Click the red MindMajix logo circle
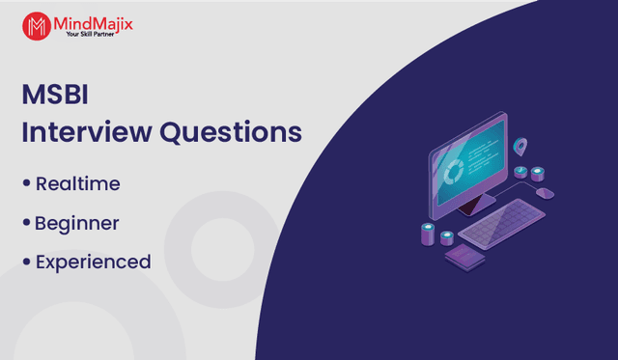(37, 26)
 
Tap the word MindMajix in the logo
(93, 24)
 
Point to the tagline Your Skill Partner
(90, 35)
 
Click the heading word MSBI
(55, 95)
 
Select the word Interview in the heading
(87, 131)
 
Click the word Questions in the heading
(231, 132)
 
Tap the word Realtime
(77, 184)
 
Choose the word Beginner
(77, 224)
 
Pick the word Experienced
(94, 263)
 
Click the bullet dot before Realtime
(26, 182)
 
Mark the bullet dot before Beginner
(26, 222)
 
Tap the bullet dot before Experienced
(26, 262)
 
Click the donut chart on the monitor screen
(454, 172)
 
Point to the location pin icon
(520, 146)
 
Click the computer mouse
(545, 193)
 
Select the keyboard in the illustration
(502, 223)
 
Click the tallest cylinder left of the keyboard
(428, 234)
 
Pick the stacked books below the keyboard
(465, 257)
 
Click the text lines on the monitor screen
(480, 156)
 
